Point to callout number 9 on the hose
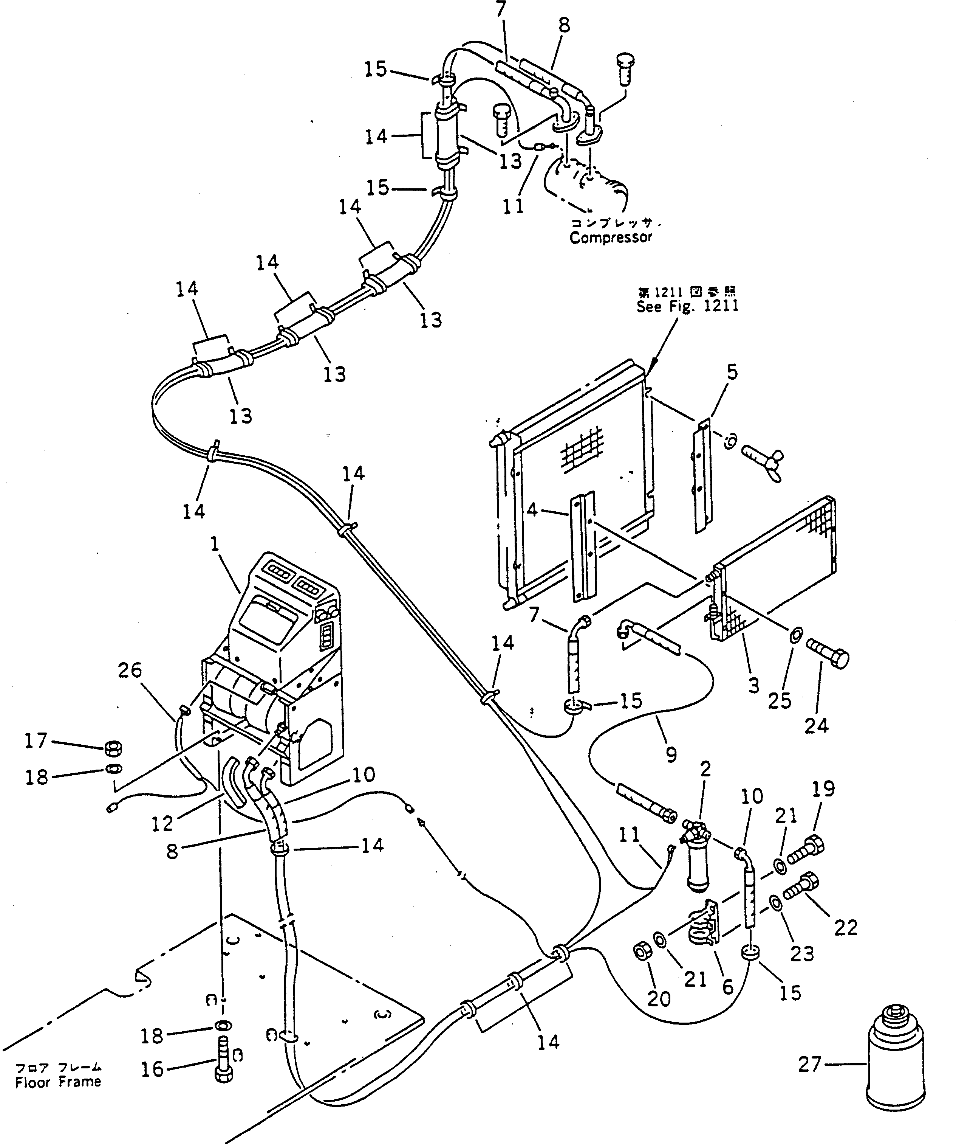(671, 755)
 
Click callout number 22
(846, 927)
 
